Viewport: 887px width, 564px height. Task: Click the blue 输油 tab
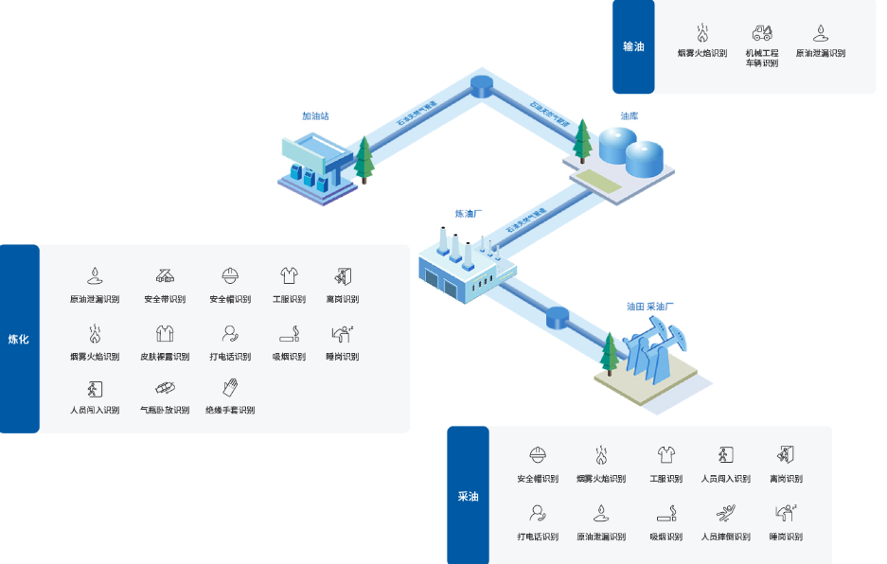[x=633, y=46]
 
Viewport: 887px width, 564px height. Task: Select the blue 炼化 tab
[x=19, y=339]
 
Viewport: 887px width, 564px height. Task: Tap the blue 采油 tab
[x=468, y=496]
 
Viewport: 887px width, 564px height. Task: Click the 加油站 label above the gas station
[x=315, y=116]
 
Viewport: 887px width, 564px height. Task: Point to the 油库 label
[x=630, y=115]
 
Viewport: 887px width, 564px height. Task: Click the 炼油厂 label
[x=469, y=214]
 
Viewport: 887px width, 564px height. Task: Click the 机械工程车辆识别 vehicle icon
[x=762, y=33]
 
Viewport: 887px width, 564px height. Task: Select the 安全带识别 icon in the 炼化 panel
[x=165, y=276]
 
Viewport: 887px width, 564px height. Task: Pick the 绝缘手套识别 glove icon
[x=230, y=388]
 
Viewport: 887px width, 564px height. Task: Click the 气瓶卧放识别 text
[x=165, y=411]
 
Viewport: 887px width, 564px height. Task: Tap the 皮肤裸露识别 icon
[x=165, y=333]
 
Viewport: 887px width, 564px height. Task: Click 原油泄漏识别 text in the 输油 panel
[x=821, y=54]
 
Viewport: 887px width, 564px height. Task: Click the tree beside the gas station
[x=364, y=160]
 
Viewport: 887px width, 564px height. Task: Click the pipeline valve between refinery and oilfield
[x=558, y=317]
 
